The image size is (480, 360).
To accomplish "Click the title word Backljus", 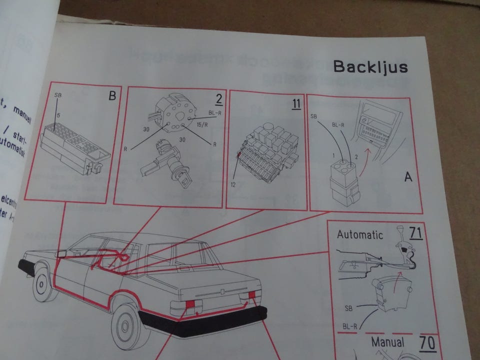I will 370,66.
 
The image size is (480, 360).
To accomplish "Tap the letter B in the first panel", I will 112,96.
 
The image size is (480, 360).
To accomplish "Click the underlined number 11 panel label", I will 296,104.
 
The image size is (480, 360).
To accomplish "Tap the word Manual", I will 387,343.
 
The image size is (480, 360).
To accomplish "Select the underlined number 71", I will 415,233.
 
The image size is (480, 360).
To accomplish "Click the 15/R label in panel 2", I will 202,124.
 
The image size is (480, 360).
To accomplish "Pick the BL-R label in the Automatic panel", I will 350,326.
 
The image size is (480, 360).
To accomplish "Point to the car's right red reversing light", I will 251,294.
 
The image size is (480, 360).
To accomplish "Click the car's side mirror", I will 62,253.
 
